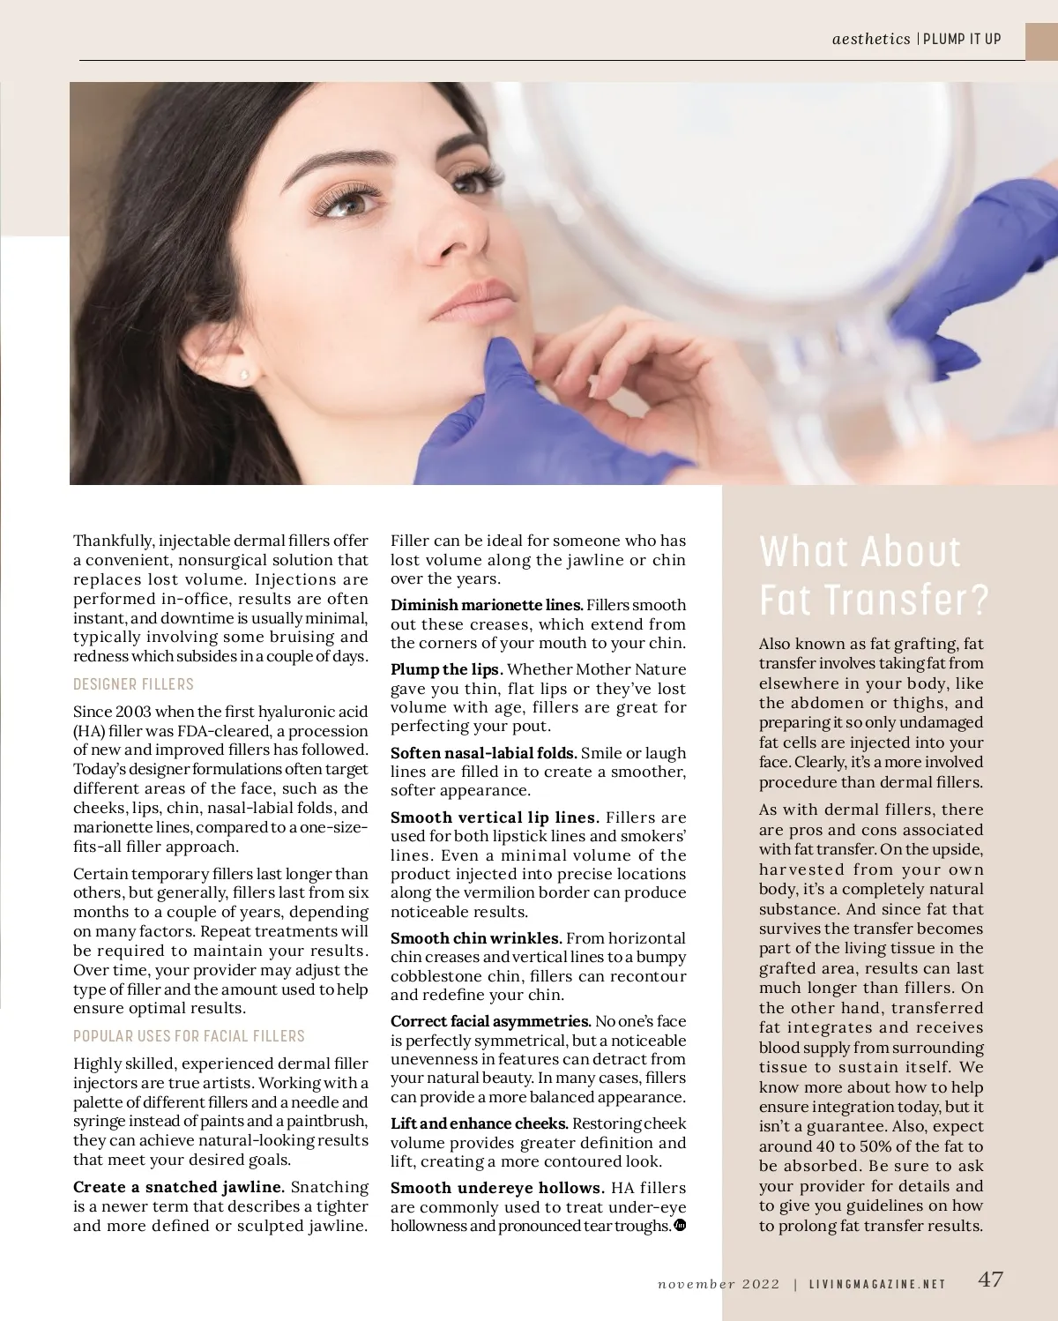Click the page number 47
pyautogui.click(x=990, y=1280)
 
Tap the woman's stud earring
pyautogui.click(x=244, y=375)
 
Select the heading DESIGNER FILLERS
pyautogui.click(x=133, y=684)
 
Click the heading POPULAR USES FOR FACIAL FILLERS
pyautogui.click(x=189, y=1036)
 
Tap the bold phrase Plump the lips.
pyautogui.click(x=447, y=669)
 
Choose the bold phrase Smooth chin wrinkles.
pyautogui.click(x=476, y=938)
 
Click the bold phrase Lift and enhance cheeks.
pyautogui.click(x=479, y=1123)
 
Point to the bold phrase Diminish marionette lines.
pyautogui.click(x=487, y=605)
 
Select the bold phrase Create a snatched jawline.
pyautogui.click(x=179, y=1187)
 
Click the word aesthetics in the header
pyautogui.click(x=871, y=39)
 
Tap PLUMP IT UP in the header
pyautogui.click(x=962, y=39)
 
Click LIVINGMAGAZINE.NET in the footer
pyautogui.click(x=877, y=1284)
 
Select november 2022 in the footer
pyautogui.click(x=719, y=1284)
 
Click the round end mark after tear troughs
pyautogui.click(x=680, y=1225)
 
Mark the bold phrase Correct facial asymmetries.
pyautogui.click(x=491, y=1021)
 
